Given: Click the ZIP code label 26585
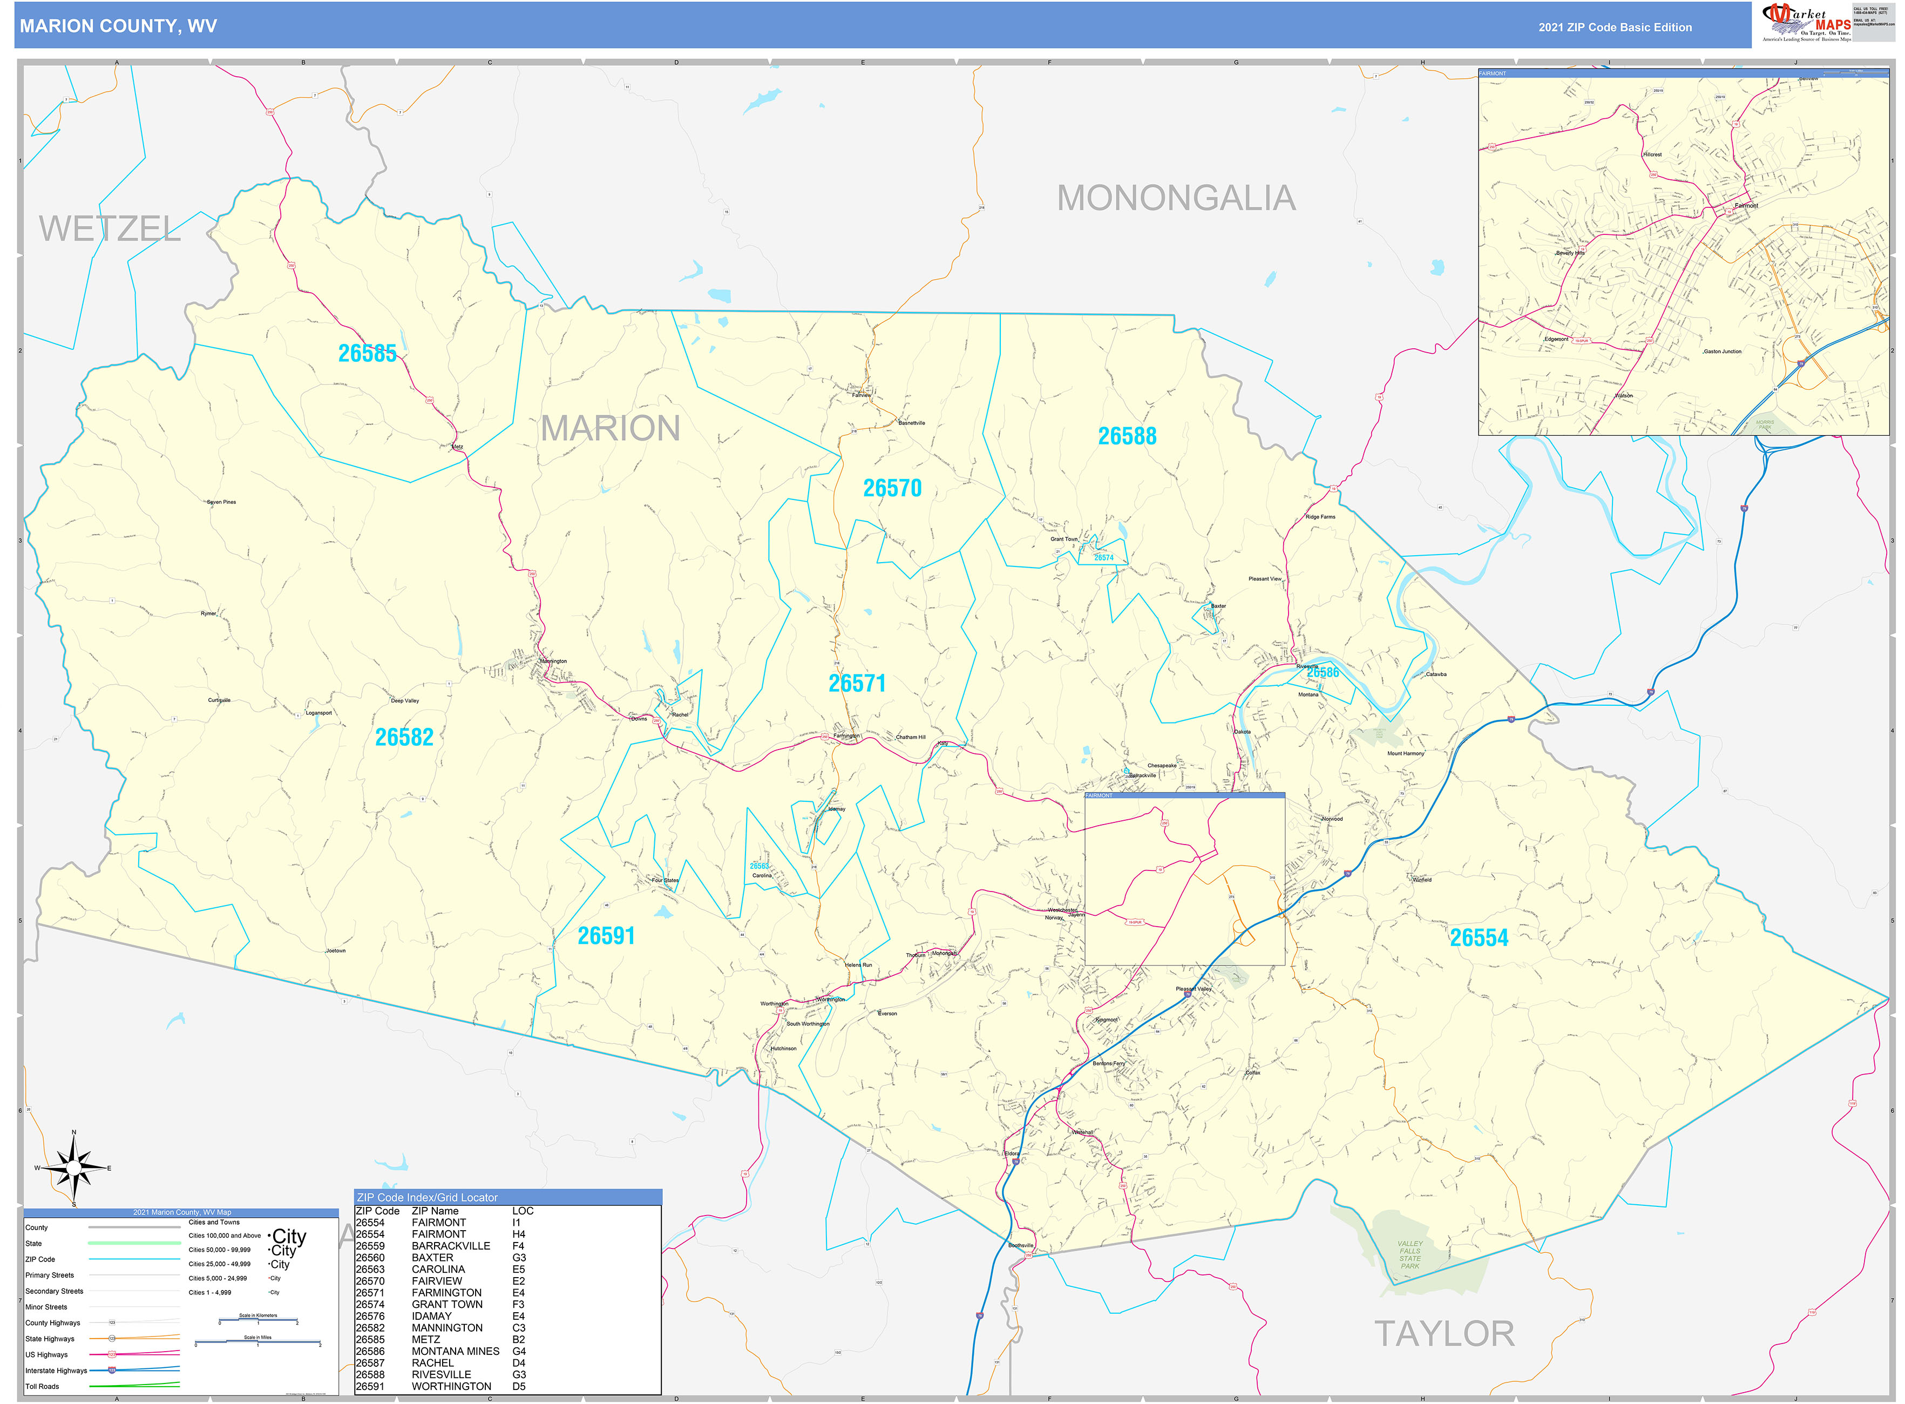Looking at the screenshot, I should (x=367, y=354).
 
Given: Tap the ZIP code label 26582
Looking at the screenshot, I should (x=404, y=737).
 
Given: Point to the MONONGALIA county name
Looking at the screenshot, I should (x=1175, y=198).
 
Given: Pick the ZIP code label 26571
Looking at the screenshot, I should (x=857, y=683).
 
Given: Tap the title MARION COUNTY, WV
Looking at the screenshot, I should (x=118, y=26).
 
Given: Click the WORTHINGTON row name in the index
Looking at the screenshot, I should (x=451, y=1386).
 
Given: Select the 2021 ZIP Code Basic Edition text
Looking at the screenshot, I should (x=1615, y=27).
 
